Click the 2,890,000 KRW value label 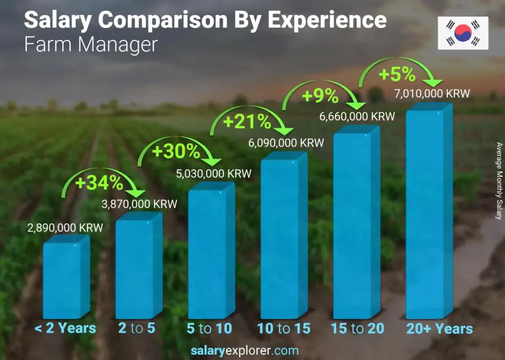click(66, 229)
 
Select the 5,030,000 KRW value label click(214, 174)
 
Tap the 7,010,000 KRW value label click(432, 93)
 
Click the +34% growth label click(100, 183)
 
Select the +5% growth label click(397, 74)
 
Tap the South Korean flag click(463, 33)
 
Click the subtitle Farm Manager click(91, 44)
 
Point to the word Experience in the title click(327, 20)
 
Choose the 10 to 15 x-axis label click(283, 329)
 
